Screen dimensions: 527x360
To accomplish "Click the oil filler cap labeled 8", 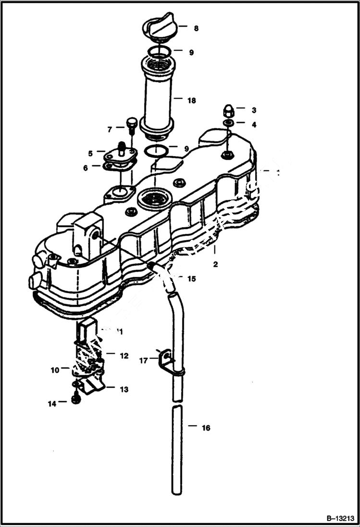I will click(x=160, y=27).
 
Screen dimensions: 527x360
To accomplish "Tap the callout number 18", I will click(x=192, y=100).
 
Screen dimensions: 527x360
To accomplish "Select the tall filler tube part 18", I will click(x=157, y=96).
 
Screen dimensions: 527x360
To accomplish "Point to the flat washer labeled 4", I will click(x=229, y=124).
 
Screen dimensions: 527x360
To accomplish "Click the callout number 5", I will click(x=90, y=153).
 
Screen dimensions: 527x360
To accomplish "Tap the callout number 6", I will click(x=85, y=168).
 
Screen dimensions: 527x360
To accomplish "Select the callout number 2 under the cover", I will click(x=215, y=264).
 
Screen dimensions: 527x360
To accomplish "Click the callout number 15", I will click(x=192, y=279).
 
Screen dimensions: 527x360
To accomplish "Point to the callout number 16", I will click(x=206, y=428).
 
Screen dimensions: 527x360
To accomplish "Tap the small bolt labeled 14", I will click(x=75, y=399).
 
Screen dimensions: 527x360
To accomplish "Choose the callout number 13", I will click(x=124, y=390).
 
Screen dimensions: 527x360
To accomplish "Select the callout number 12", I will click(x=124, y=356).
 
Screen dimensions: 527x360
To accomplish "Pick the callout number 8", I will click(x=196, y=29).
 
